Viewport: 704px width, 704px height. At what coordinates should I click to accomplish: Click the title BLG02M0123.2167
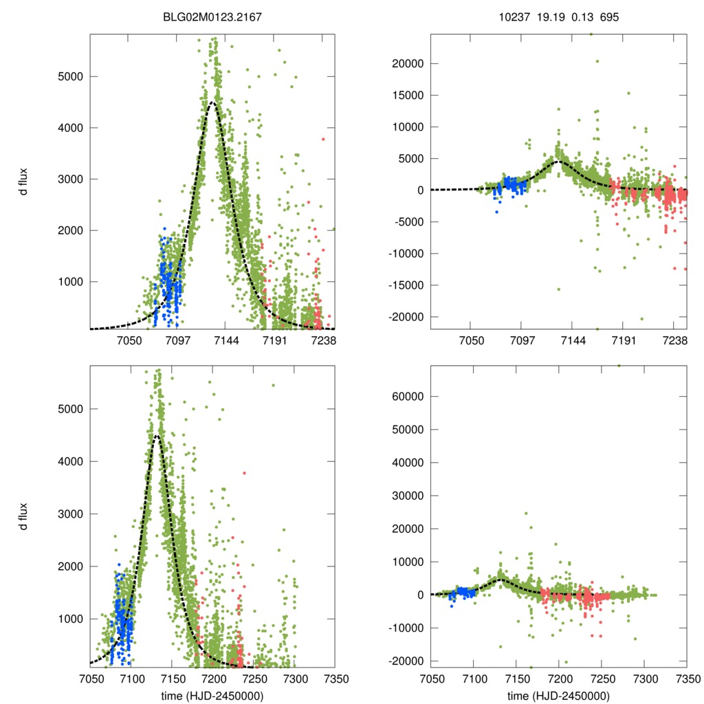click(x=212, y=16)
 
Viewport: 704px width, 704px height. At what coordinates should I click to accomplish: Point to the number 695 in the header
click(x=609, y=16)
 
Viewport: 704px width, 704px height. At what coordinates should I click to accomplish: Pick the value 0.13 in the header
click(x=582, y=16)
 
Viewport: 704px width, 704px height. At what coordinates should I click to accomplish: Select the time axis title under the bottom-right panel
click(x=558, y=696)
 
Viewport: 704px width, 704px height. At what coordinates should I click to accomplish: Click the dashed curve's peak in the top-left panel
click(x=212, y=102)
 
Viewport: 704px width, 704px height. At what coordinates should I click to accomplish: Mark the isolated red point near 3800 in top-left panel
click(x=322, y=139)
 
